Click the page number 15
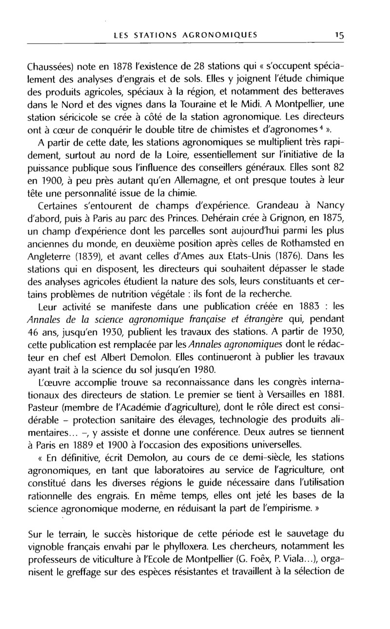click(339, 35)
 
